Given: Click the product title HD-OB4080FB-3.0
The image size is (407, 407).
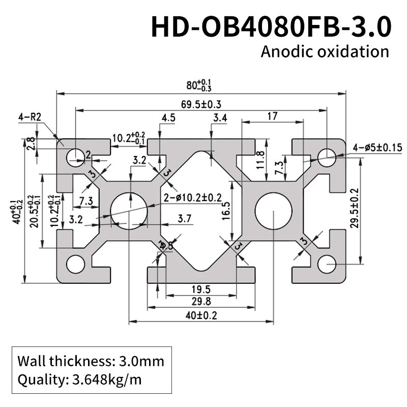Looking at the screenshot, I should coord(271,27).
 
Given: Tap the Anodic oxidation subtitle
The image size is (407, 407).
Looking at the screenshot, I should coord(325,51).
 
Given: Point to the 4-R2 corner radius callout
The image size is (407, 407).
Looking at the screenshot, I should coord(29,117).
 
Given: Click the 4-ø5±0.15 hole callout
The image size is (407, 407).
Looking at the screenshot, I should coord(377,148).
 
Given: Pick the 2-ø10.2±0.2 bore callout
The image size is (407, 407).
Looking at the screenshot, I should coord(193,197).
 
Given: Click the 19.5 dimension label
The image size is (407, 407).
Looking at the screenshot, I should coord(201,289).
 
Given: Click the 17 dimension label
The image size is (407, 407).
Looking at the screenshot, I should coord(272,117).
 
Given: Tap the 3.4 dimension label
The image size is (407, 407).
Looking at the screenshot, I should coord(220,119).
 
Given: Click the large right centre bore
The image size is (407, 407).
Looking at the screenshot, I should coord(274,211).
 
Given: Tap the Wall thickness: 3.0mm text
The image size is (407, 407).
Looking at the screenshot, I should coord(91,362).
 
